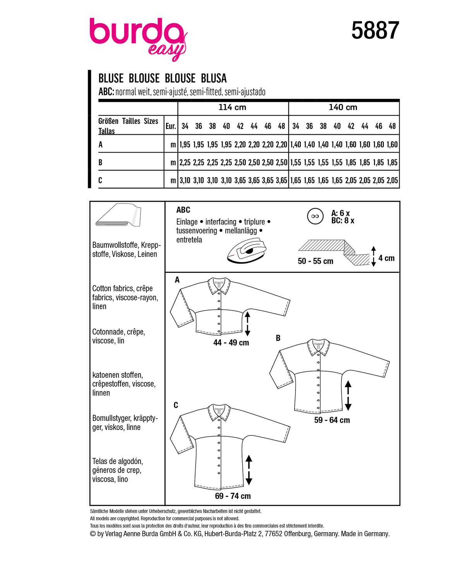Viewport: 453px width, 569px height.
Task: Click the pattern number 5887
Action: click(x=375, y=31)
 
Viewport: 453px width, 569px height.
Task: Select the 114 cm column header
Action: click(x=232, y=107)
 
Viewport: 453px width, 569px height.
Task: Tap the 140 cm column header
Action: click(x=343, y=107)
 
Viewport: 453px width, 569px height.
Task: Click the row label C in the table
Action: click(x=100, y=180)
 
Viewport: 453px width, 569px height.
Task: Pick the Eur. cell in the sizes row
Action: click(x=171, y=126)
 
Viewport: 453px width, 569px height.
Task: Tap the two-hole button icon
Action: click(x=315, y=216)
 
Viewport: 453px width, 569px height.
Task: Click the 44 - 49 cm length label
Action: click(x=231, y=343)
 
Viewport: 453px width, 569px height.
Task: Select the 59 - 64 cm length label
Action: click(x=332, y=420)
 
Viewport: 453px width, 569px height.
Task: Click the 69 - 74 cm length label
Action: click(x=233, y=496)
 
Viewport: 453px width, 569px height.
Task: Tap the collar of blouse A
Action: click(x=220, y=285)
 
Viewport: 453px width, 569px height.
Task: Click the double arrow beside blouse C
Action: click(x=249, y=470)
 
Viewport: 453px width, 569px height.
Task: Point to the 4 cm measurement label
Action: click(x=386, y=258)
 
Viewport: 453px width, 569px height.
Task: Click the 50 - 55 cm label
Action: click(x=316, y=261)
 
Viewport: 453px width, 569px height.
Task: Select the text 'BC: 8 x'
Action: click(x=343, y=221)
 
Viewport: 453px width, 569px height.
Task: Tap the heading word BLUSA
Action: click(x=214, y=79)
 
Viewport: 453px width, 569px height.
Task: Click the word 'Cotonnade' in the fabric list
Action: click(x=107, y=332)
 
